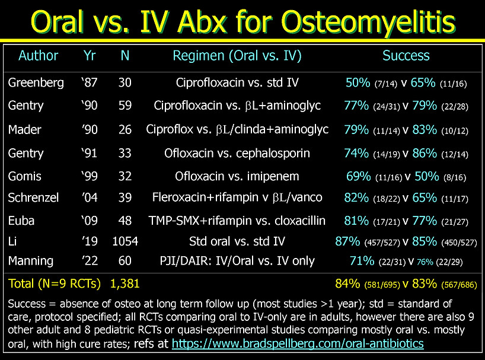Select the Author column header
pos(38,56)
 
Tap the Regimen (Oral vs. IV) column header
pos(237,56)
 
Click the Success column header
pos(406,56)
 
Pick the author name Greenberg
pos(36,83)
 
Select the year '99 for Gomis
pos(88,176)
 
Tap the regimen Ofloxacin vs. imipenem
pos(237,176)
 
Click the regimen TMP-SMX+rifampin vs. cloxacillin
pos(237,221)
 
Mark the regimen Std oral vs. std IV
pos(237,241)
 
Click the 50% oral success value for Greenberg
pos(358,83)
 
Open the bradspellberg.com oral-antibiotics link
pos(298,344)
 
